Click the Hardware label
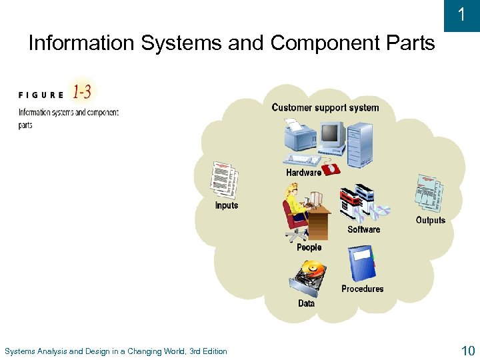[303, 173]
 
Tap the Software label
[363, 229]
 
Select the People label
[309, 247]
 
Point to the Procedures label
[362, 289]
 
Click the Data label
[306, 303]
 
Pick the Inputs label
[226, 205]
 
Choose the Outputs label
[430, 220]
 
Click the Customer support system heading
[325, 107]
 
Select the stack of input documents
[223, 179]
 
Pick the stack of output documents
[428, 193]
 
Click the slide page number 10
[466, 351]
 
